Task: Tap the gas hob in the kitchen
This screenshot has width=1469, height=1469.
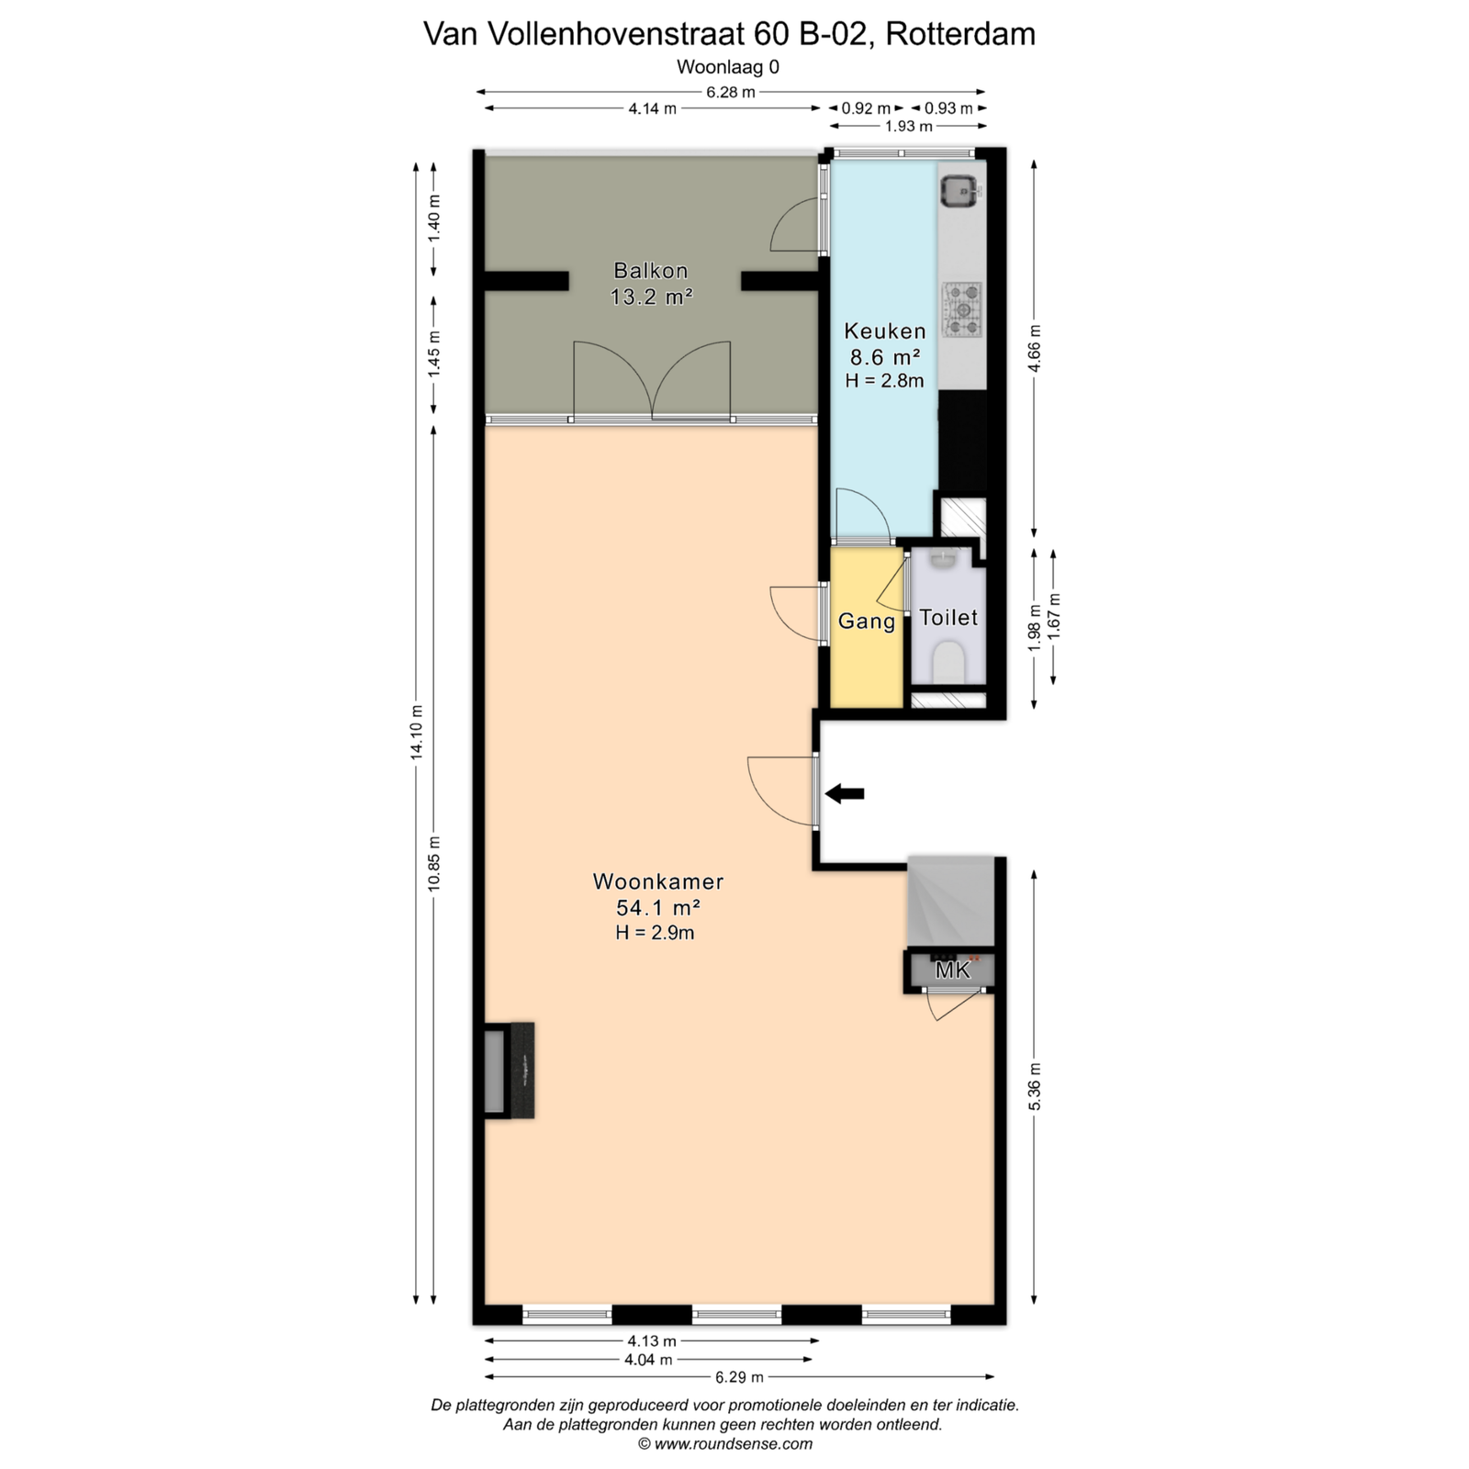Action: (962, 309)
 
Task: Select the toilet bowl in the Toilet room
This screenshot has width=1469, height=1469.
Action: (948, 662)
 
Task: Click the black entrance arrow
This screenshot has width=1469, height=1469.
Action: (845, 794)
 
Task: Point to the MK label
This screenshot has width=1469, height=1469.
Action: (952, 970)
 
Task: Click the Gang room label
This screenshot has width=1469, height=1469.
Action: (867, 622)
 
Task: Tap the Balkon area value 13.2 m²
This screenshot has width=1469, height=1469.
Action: (651, 297)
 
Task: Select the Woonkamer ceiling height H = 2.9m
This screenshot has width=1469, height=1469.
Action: (655, 933)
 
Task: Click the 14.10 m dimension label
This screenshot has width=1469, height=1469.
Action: (417, 731)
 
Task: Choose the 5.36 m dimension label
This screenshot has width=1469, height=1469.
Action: (1035, 1086)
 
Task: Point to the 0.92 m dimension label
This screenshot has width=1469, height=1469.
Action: (866, 108)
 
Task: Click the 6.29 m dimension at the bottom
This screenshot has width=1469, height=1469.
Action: (739, 1376)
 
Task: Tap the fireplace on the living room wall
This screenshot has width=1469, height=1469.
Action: (510, 1071)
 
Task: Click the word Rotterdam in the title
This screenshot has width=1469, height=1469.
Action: (960, 34)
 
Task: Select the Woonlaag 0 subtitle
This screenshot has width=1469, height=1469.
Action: (728, 67)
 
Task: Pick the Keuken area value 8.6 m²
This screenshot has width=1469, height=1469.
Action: (882, 356)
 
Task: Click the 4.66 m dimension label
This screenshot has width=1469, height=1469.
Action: (1035, 349)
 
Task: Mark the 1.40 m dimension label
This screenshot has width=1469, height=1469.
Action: (434, 219)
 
